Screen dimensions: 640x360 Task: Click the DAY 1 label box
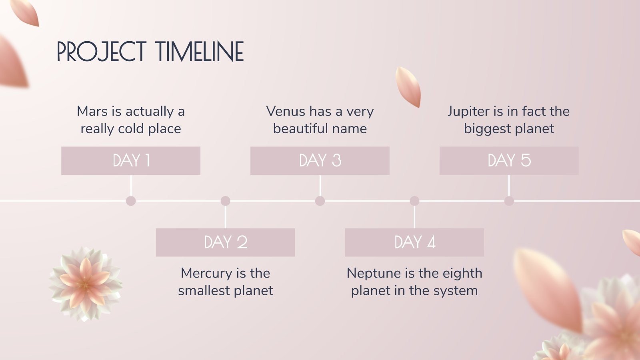click(130, 160)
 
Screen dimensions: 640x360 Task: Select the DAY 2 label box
click(225, 242)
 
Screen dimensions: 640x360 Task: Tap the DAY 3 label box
click(320, 160)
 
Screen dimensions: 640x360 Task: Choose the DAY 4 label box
click(414, 242)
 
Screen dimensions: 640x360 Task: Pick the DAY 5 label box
click(509, 160)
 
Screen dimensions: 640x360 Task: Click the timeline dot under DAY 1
click(130, 201)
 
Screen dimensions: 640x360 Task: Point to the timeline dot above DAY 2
click(225, 201)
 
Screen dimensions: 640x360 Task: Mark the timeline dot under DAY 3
click(320, 201)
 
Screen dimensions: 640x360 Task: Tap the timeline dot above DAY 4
click(414, 201)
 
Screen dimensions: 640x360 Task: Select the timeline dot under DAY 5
click(509, 201)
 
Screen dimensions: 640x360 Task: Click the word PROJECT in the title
click(102, 52)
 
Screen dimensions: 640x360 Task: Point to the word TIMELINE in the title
click(200, 52)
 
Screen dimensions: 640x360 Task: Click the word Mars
click(92, 111)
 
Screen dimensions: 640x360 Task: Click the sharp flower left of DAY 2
click(86, 284)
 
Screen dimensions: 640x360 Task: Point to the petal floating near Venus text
click(408, 87)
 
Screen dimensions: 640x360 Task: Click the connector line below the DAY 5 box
click(509, 186)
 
